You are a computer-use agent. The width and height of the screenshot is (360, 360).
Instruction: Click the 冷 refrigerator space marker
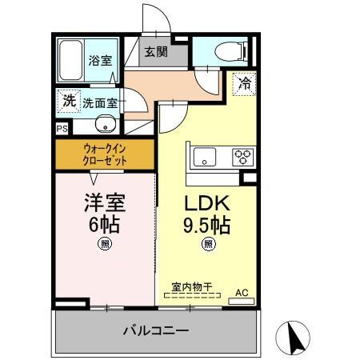[x=244, y=82]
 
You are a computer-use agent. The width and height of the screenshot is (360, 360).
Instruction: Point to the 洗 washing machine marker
[x=69, y=101]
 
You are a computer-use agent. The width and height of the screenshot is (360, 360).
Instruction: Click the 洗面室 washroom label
[x=100, y=103]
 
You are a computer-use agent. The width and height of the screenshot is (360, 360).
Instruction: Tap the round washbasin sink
[x=103, y=124]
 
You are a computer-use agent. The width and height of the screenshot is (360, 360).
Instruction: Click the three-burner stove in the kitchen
[x=242, y=157]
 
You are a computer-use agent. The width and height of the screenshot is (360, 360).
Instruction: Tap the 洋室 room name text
[x=104, y=201]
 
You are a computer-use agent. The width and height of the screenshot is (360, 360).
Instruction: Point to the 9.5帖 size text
[x=207, y=225]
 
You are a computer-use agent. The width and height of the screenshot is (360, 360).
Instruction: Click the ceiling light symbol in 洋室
[x=104, y=245]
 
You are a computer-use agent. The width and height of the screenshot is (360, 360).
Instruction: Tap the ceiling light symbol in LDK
[x=207, y=245]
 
